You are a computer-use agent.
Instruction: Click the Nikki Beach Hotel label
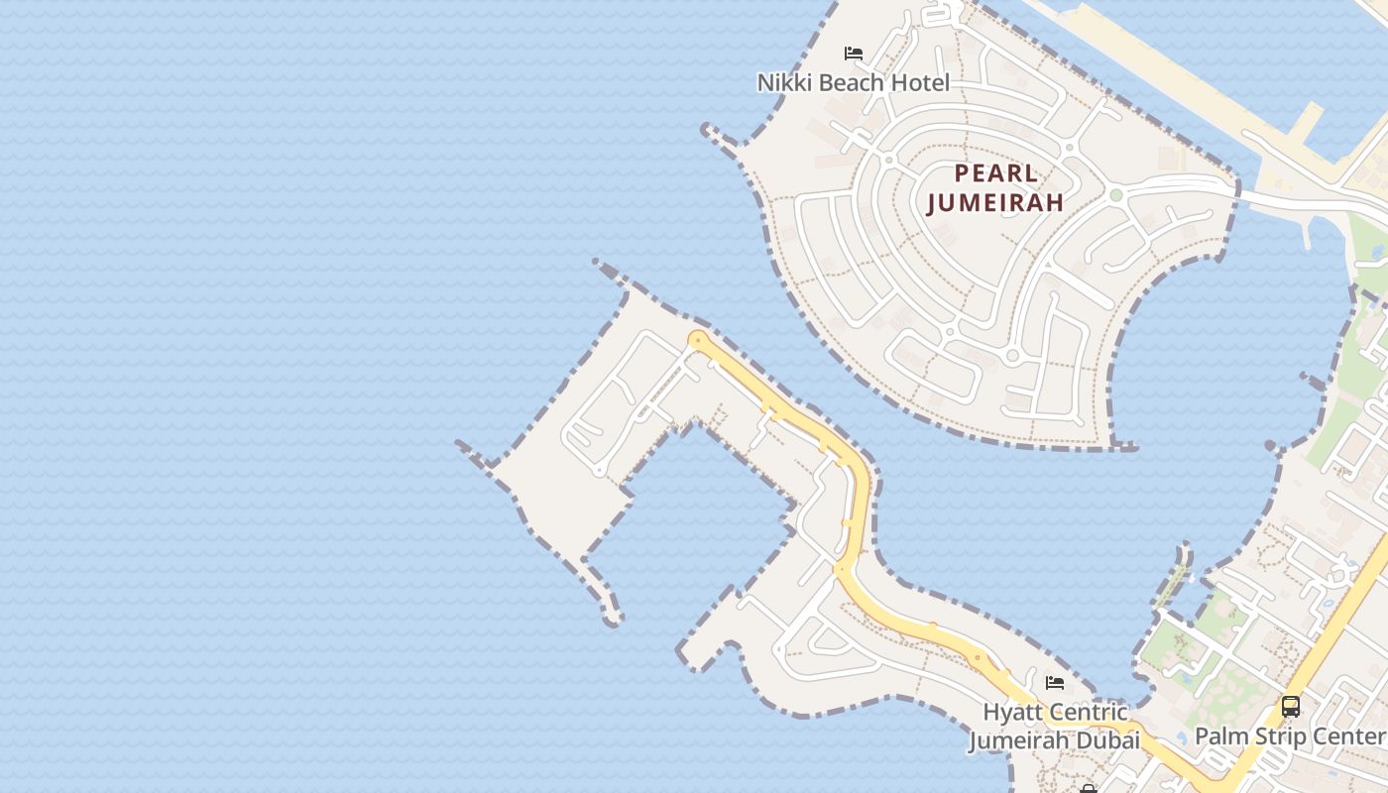(853, 82)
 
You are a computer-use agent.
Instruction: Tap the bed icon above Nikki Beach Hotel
(853, 54)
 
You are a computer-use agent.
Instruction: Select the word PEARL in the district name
(996, 173)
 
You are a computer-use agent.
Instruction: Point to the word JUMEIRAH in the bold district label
(995, 203)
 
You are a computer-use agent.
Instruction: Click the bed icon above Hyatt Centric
(1055, 683)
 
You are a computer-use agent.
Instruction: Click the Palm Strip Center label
(1289, 736)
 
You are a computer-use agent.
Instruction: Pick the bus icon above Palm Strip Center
(1290, 707)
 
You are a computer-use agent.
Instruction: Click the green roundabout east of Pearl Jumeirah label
(1115, 195)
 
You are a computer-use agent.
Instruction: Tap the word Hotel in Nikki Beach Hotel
(920, 82)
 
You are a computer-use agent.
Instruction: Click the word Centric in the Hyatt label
(1089, 713)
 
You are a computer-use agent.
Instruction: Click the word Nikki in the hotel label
(785, 82)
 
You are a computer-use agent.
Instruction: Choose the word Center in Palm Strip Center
(1352, 736)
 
